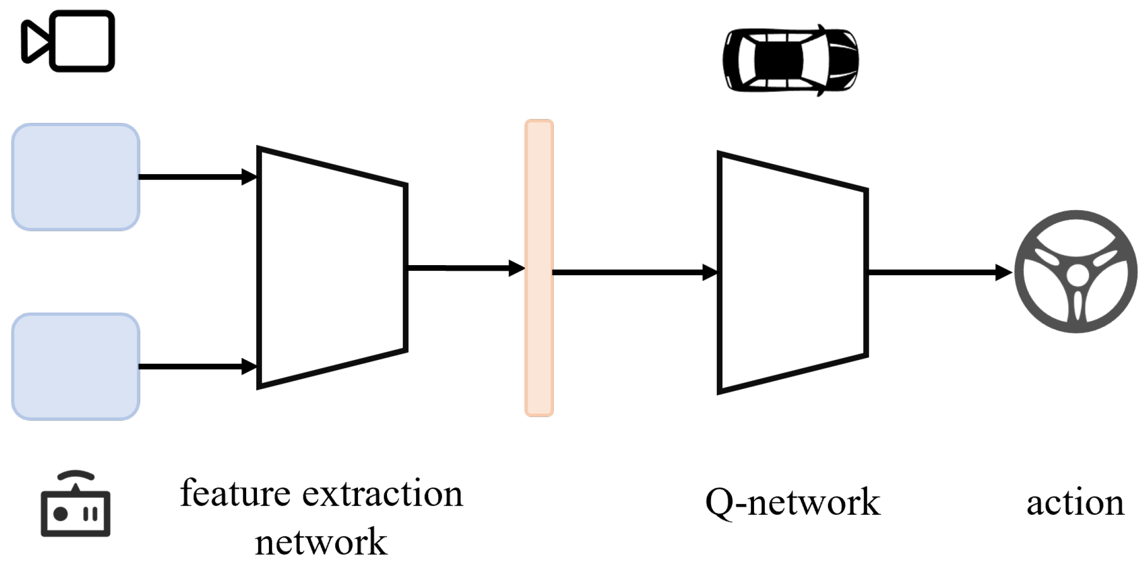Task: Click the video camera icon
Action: click(68, 41)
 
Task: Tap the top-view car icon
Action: click(790, 60)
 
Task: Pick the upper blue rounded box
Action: click(76, 177)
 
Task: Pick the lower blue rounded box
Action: click(76, 367)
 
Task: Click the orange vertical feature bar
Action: click(539, 268)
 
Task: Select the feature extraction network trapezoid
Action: click(332, 268)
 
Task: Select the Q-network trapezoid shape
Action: click(792, 273)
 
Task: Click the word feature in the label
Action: click(235, 493)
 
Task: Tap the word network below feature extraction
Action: click(321, 542)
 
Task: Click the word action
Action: click(1075, 503)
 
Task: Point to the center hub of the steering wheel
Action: click(1077, 276)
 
